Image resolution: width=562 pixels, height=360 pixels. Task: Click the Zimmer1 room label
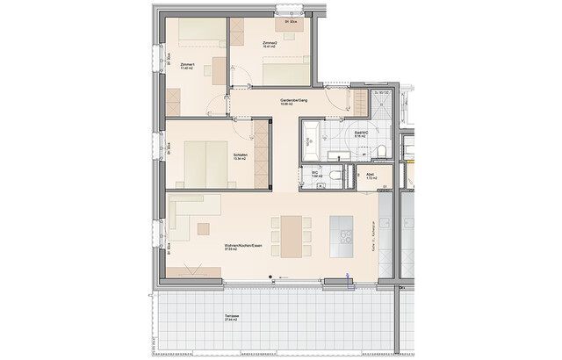(186, 67)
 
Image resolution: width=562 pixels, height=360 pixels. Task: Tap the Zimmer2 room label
(270, 43)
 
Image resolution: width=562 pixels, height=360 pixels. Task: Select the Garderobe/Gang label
(293, 102)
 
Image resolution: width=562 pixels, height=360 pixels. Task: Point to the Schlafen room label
(241, 156)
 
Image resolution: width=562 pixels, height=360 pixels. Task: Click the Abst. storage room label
(370, 177)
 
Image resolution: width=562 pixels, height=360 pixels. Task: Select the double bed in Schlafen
(205, 162)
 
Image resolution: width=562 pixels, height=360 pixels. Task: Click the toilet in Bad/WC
(384, 153)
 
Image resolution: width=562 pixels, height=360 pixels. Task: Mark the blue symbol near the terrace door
(349, 281)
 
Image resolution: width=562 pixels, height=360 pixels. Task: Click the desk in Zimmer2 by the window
(292, 23)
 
